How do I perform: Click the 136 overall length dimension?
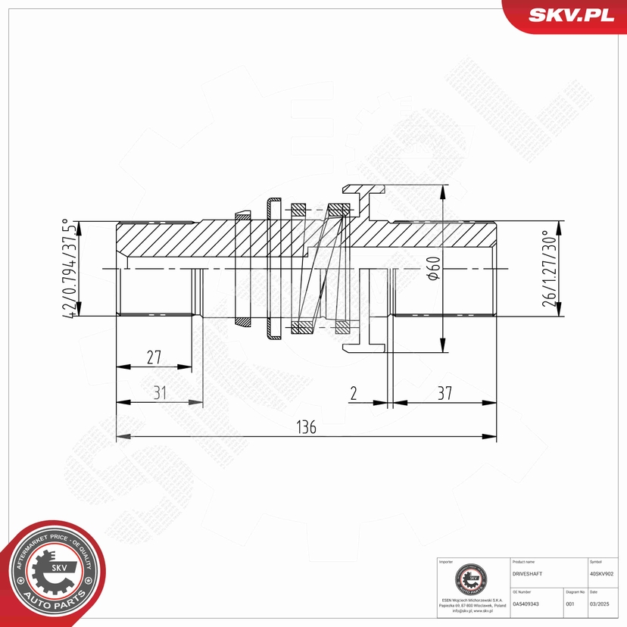click(x=306, y=427)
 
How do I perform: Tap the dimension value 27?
click(x=154, y=357)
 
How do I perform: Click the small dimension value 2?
click(x=354, y=393)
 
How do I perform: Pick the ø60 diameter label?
click(x=433, y=269)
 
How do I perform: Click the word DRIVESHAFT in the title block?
click(x=528, y=574)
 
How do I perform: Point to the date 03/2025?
click(x=600, y=604)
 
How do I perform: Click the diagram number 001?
click(x=570, y=604)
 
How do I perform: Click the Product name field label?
click(x=524, y=562)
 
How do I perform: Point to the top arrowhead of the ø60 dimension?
click(x=442, y=190)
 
